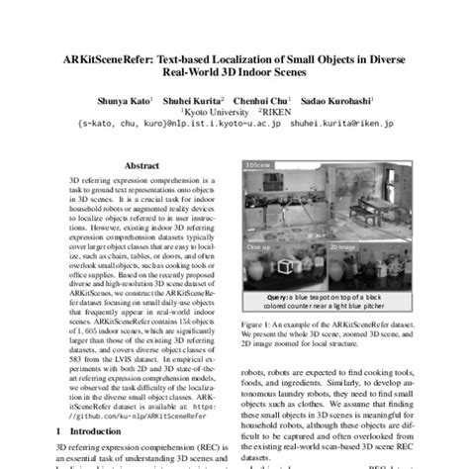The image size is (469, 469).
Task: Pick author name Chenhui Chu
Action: pyautogui.click(x=255, y=100)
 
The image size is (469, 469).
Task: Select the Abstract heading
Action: pyautogui.click(x=141, y=168)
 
